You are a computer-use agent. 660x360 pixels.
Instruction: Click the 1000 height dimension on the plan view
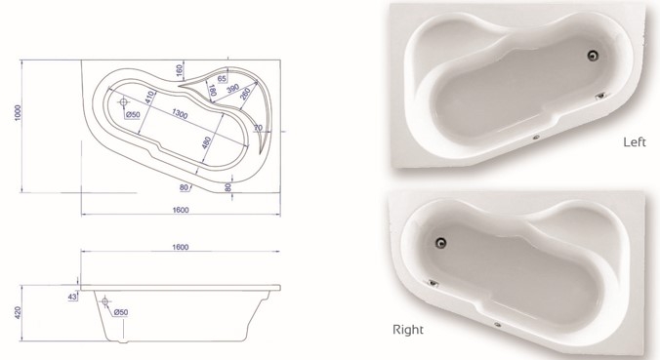point(18,112)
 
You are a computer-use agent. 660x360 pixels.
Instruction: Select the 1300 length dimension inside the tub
point(180,113)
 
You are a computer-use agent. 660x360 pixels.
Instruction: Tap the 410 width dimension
point(148,98)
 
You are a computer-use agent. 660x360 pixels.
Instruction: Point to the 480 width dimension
point(206,142)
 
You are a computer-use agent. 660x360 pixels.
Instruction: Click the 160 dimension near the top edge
point(180,69)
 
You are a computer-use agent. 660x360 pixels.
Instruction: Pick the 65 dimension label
point(222,79)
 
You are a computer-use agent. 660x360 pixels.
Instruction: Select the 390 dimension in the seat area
point(232,89)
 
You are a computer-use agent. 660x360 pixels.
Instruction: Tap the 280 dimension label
point(245,94)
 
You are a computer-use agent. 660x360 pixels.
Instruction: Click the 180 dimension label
point(212,91)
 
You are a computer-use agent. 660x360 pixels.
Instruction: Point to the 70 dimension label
point(258,127)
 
